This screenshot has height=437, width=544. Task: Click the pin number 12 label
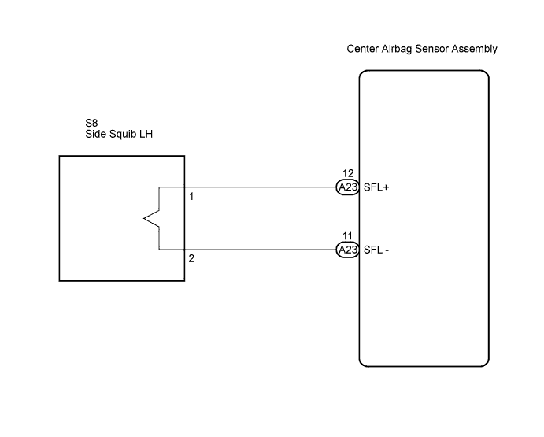click(348, 173)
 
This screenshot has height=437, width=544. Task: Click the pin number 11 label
click(347, 236)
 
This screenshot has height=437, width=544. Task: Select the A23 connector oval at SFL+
click(348, 187)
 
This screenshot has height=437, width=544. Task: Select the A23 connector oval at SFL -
click(348, 250)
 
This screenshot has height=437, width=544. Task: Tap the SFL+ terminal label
click(376, 187)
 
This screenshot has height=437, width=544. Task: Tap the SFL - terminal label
click(376, 250)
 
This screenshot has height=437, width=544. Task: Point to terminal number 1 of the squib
click(191, 197)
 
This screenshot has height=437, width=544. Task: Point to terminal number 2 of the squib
click(191, 258)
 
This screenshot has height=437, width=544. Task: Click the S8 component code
click(91, 123)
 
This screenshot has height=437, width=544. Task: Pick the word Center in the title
click(362, 49)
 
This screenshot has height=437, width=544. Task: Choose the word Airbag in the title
click(397, 50)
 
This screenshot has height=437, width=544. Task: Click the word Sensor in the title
click(431, 49)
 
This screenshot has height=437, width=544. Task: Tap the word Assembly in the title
click(474, 50)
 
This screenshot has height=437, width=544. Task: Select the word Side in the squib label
click(95, 134)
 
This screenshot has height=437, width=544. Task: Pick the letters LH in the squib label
click(146, 134)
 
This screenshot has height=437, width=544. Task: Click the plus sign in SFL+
click(386, 187)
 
